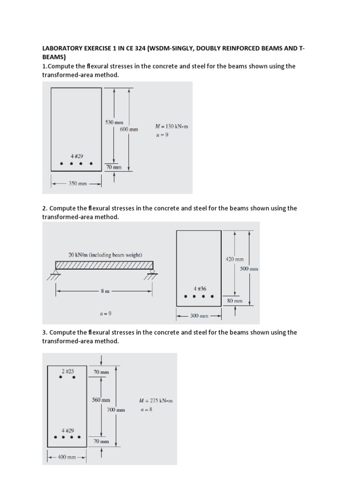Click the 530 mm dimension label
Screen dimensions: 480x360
(113, 122)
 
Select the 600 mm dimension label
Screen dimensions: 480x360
(129, 129)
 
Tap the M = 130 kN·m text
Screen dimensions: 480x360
(171, 127)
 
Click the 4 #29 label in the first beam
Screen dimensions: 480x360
(76, 156)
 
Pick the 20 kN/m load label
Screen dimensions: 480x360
(105, 255)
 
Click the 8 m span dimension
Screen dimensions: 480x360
(105, 291)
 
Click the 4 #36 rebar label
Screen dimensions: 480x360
(200, 289)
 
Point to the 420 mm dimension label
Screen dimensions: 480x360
(235, 259)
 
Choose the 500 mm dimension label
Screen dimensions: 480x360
(249, 269)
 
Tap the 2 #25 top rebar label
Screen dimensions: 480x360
(67, 371)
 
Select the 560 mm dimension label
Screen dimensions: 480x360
(101, 400)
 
